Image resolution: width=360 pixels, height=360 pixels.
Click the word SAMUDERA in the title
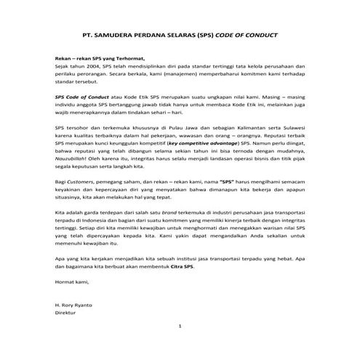[125, 35]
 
